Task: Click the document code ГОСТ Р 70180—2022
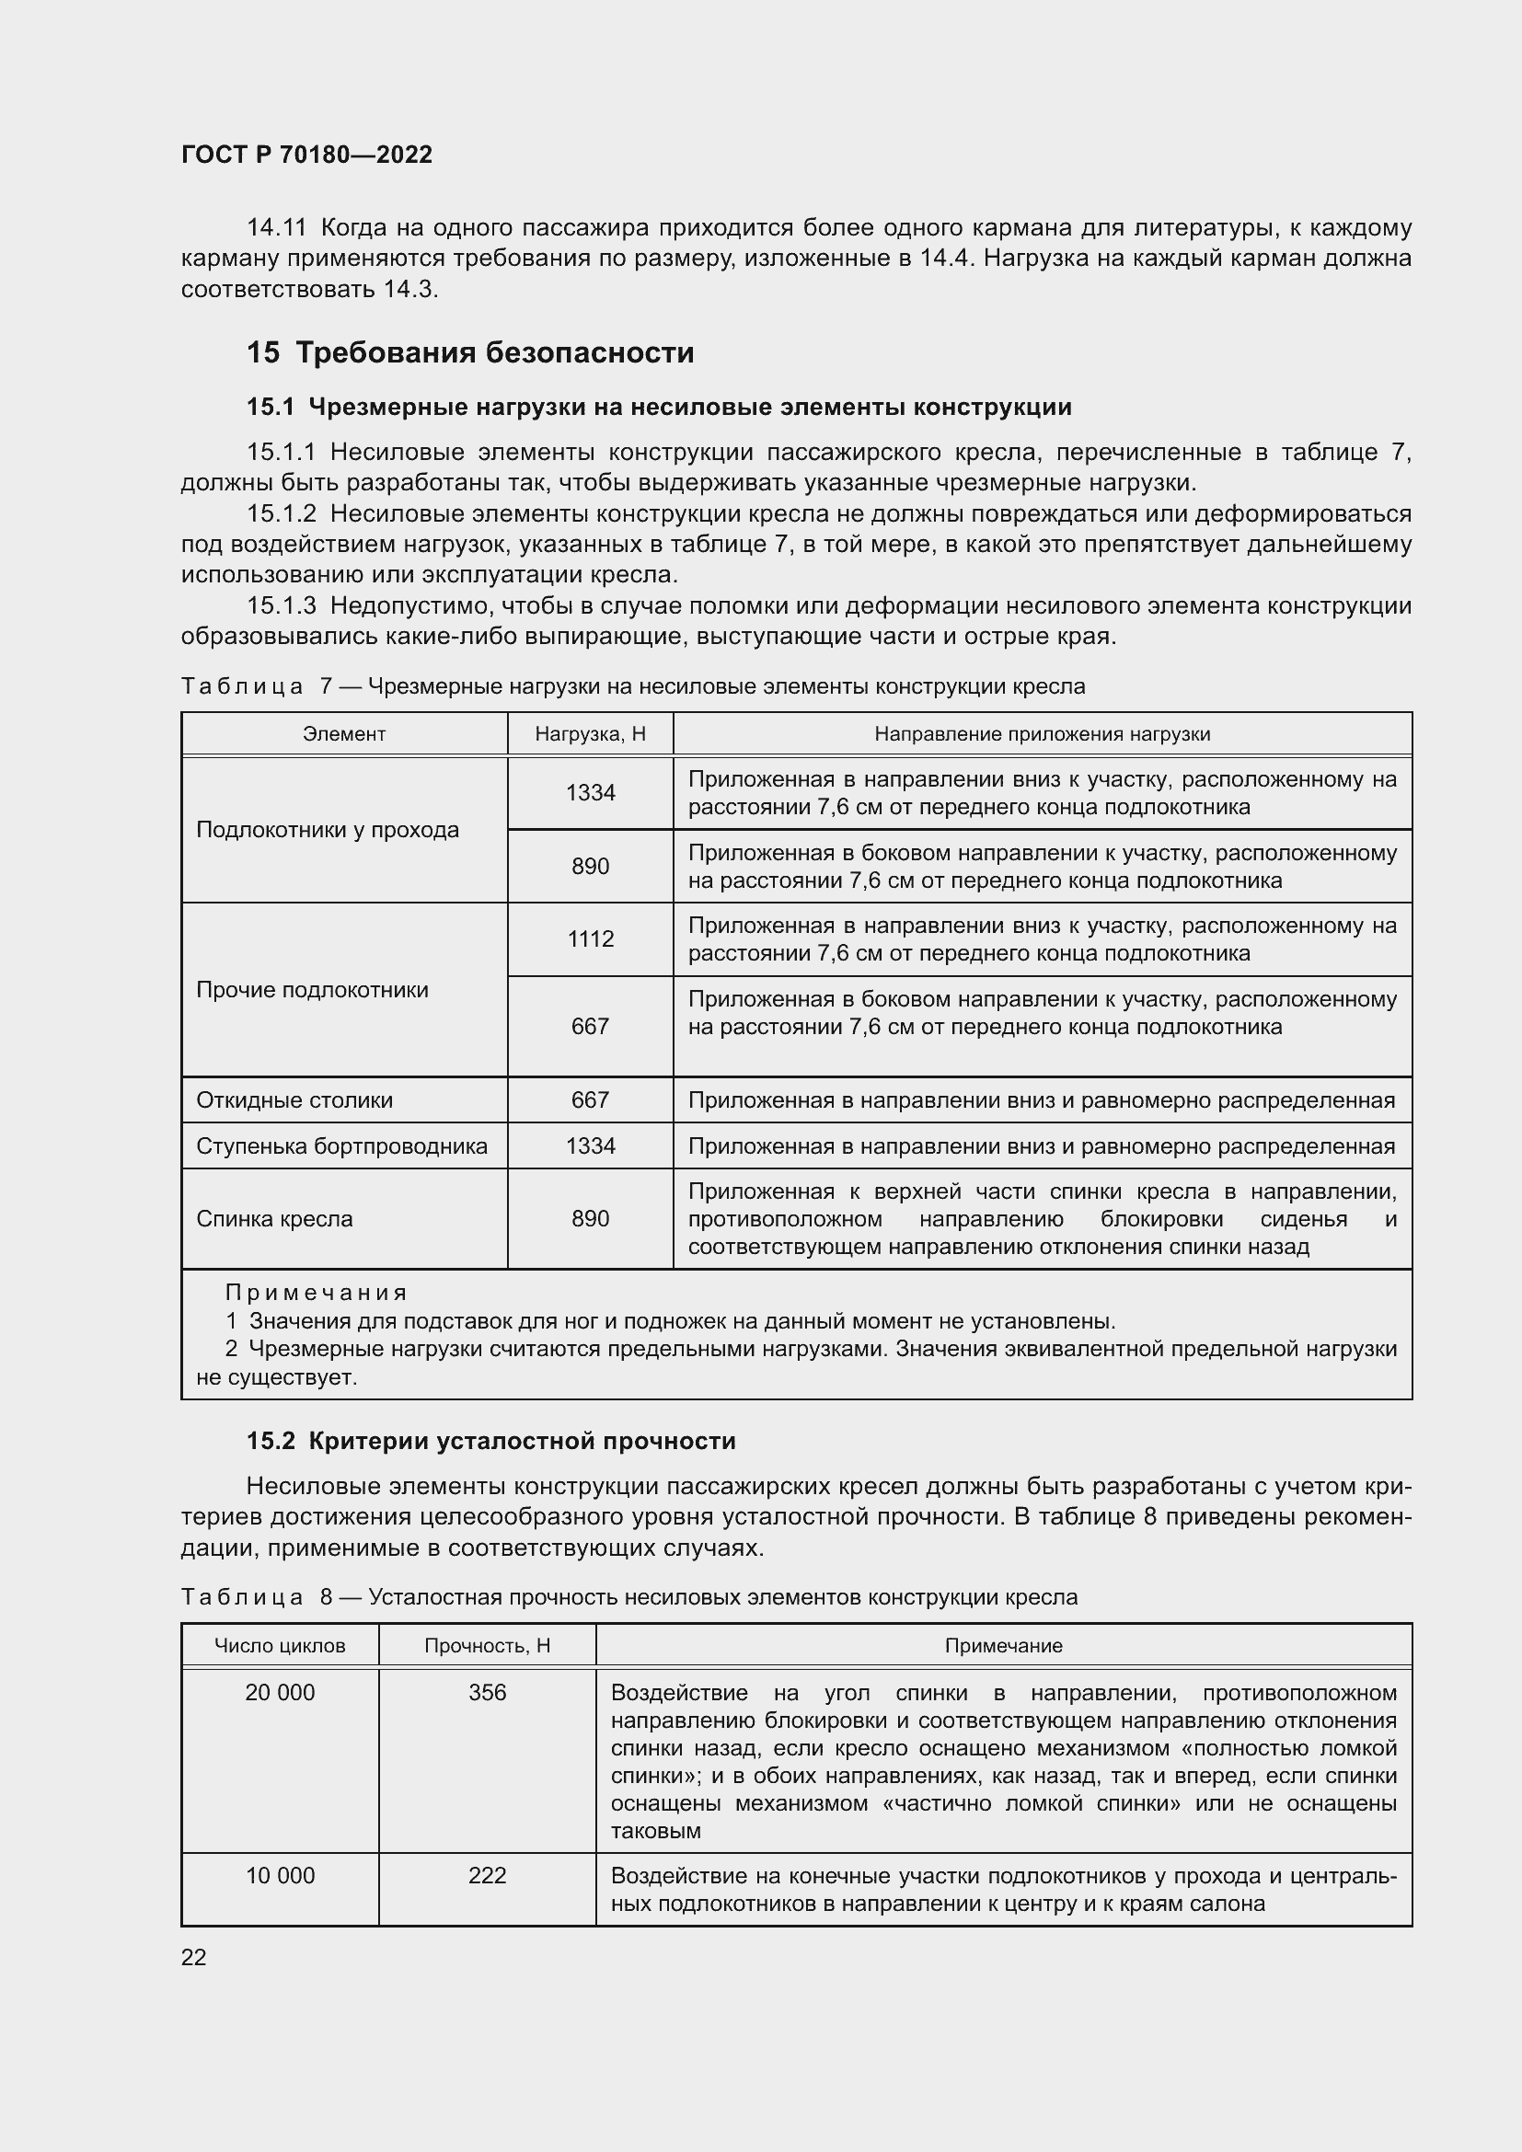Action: click(x=306, y=155)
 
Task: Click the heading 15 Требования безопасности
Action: click(x=469, y=352)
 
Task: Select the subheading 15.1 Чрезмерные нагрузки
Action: click(x=659, y=407)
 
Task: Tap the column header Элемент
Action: click(x=344, y=734)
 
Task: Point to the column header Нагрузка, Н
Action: click(x=591, y=734)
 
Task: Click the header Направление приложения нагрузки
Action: click(x=1043, y=734)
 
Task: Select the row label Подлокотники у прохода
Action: click(x=327, y=830)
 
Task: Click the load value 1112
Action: click(x=591, y=939)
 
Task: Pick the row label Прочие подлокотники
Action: click(x=312, y=990)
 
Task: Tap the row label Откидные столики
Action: click(x=294, y=1100)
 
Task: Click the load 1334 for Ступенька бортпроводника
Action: click(x=591, y=1146)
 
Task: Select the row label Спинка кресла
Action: click(x=274, y=1219)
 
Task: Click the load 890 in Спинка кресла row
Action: click(x=591, y=1218)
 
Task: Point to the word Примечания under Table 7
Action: click(x=316, y=1294)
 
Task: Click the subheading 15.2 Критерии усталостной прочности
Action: click(x=491, y=1442)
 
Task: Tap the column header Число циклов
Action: click(x=280, y=1646)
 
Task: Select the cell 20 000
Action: click(x=280, y=1693)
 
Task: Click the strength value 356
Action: click(x=488, y=1693)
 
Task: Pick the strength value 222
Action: click(x=488, y=1875)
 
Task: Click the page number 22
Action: click(x=194, y=1958)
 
